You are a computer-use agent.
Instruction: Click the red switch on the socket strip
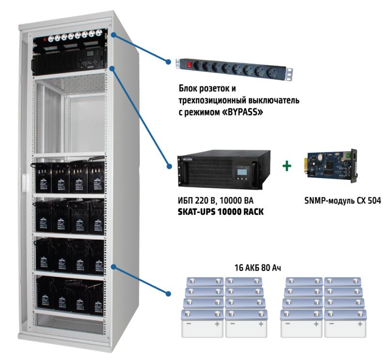189,65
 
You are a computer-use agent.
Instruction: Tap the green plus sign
286,165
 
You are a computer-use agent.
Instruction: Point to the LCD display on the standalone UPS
241,171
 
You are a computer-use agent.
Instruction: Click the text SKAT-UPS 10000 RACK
221,211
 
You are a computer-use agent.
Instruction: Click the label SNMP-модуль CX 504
343,200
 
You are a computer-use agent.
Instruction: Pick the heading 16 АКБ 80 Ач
257,268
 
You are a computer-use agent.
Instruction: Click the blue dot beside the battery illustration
168,294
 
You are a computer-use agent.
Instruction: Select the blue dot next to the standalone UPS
169,166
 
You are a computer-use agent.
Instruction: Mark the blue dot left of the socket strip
168,62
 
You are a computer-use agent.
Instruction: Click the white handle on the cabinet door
25,183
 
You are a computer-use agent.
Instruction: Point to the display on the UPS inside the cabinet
90,53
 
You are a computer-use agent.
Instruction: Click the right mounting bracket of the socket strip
289,74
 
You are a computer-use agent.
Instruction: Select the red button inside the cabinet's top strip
45,39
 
